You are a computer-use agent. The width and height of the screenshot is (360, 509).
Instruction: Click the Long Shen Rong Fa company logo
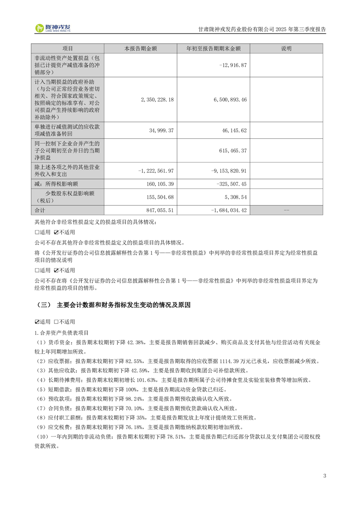pyautogui.click(x=53, y=28)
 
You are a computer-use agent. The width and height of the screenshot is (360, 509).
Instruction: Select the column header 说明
pyautogui.click(x=286, y=49)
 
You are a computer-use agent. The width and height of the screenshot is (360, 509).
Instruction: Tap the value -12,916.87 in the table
pyautogui.click(x=232, y=65)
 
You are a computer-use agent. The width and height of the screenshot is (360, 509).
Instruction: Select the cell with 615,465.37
pyautogui.click(x=232, y=150)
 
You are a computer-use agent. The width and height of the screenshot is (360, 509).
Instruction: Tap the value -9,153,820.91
pyautogui.click(x=229, y=171)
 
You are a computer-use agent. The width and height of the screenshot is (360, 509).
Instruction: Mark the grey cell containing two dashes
pyautogui.click(x=286, y=210)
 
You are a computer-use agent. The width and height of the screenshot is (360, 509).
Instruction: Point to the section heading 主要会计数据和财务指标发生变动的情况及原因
pyautogui.click(x=123, y=305)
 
